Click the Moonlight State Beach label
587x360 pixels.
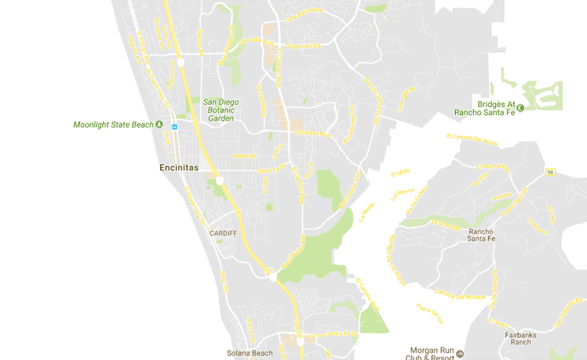point(112,125)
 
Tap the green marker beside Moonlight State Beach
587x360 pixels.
point(159,125)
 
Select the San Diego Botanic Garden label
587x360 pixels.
point(220,110)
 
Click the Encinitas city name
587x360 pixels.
point(179,168)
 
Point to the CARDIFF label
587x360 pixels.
point(223,232)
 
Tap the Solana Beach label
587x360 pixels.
point(249,353)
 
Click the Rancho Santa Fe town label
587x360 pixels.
point(482,236)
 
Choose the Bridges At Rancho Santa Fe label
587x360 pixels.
point(485,108)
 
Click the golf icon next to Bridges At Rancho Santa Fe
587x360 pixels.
point(520,108)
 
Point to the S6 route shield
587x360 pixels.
point(551,172)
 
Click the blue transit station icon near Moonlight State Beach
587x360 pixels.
point(174,127)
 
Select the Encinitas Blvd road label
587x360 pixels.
point(311,134)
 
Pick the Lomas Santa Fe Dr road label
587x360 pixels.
point(328,334)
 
